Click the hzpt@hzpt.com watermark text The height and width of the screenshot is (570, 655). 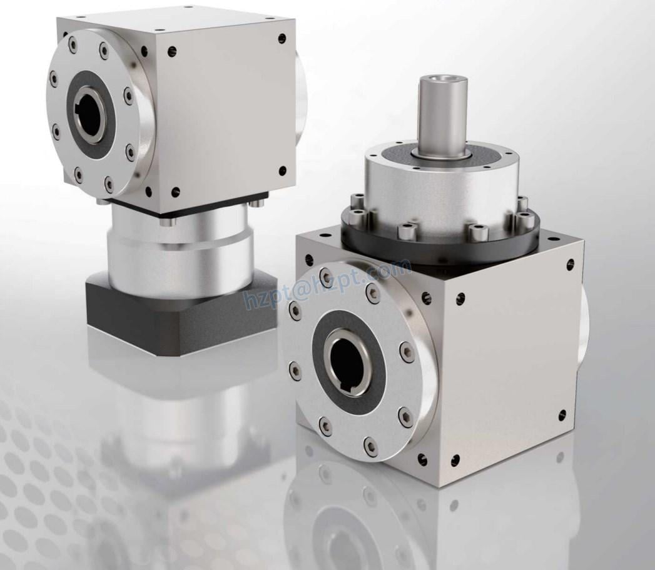point(325,287)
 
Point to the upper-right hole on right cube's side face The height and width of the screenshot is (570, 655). point(570,265)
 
